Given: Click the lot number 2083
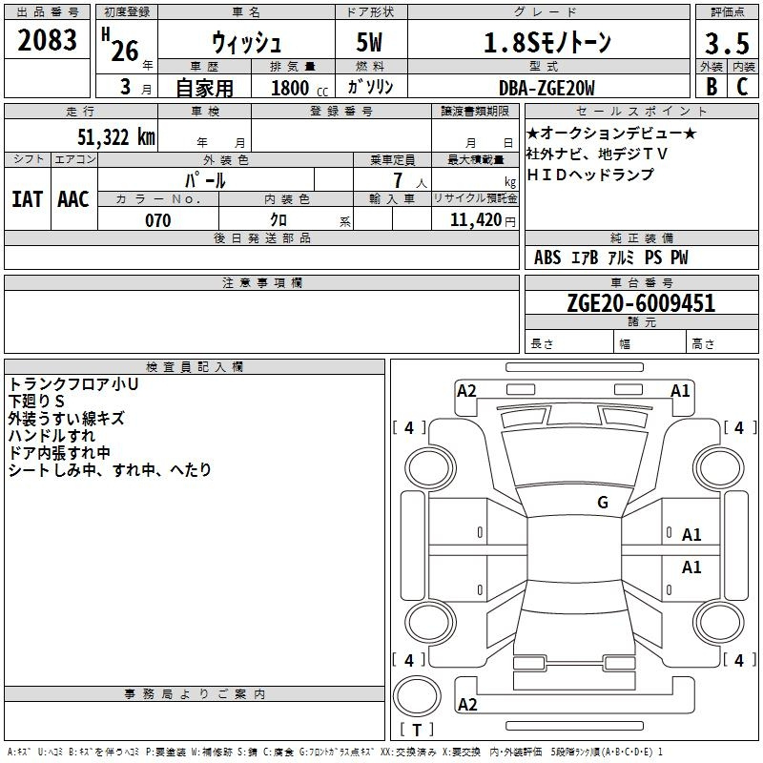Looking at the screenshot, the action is (x=47, y=40).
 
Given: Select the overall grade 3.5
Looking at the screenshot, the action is (x=727, y=43).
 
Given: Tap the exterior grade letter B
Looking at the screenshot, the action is (x=711, y=87).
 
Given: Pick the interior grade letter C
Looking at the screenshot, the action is (x=742, y=87).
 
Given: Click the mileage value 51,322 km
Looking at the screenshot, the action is (x=116, y=137).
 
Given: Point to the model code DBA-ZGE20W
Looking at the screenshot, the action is (x=546, y=88).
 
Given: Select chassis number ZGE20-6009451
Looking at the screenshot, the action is (x=641, y=302).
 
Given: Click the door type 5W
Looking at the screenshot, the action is (x=369, y=42).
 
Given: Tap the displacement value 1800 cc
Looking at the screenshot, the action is (x=299, y=89).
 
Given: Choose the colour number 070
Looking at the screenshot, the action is (x=158, y=220).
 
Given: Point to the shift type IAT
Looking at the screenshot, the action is (x=28, y=199).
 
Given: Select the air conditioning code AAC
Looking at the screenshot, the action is (x=73, y=199).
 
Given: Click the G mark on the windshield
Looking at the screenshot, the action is (x=603, y=502).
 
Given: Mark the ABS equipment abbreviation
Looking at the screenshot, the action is (x=547, y=258).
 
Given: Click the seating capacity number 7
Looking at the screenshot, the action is (x=398, y=180).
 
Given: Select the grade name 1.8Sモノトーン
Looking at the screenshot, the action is (x=547, y=43).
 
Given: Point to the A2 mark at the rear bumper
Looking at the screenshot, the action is (x=467, y=704).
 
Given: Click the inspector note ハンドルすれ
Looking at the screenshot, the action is (x=52, y=436).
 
